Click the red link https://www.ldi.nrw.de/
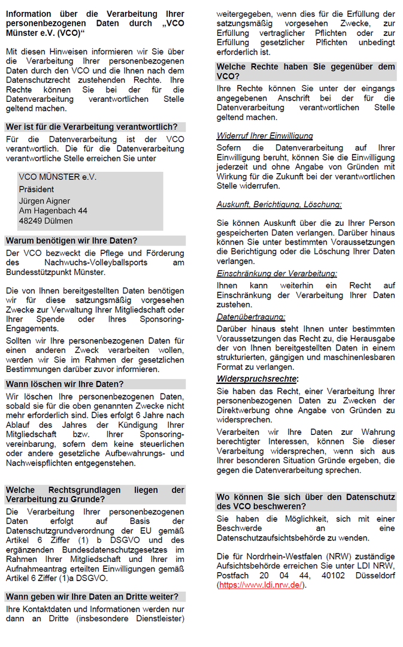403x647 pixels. pos(262,585)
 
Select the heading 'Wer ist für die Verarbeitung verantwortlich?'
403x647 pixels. pos(92,127)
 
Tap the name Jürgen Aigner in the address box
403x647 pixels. pos(45,201)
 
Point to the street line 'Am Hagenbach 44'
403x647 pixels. pos(53,211)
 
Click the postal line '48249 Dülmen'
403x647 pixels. pos(46,220)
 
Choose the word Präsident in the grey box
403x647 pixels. pos(37,189)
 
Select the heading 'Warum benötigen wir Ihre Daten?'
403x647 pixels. pos(71,241)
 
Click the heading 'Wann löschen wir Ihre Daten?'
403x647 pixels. pos(65,384)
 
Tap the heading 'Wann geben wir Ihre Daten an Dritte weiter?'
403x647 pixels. pos(92,597)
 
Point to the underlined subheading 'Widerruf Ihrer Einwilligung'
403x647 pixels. pos(265,136)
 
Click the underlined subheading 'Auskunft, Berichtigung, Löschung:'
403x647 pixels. pos(279,204)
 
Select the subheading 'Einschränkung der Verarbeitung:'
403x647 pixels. pos(277,273)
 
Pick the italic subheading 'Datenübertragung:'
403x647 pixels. pos(251,316)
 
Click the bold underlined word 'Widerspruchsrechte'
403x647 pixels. pos(256,379)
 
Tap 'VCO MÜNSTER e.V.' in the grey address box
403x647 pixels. pos(57,177)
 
